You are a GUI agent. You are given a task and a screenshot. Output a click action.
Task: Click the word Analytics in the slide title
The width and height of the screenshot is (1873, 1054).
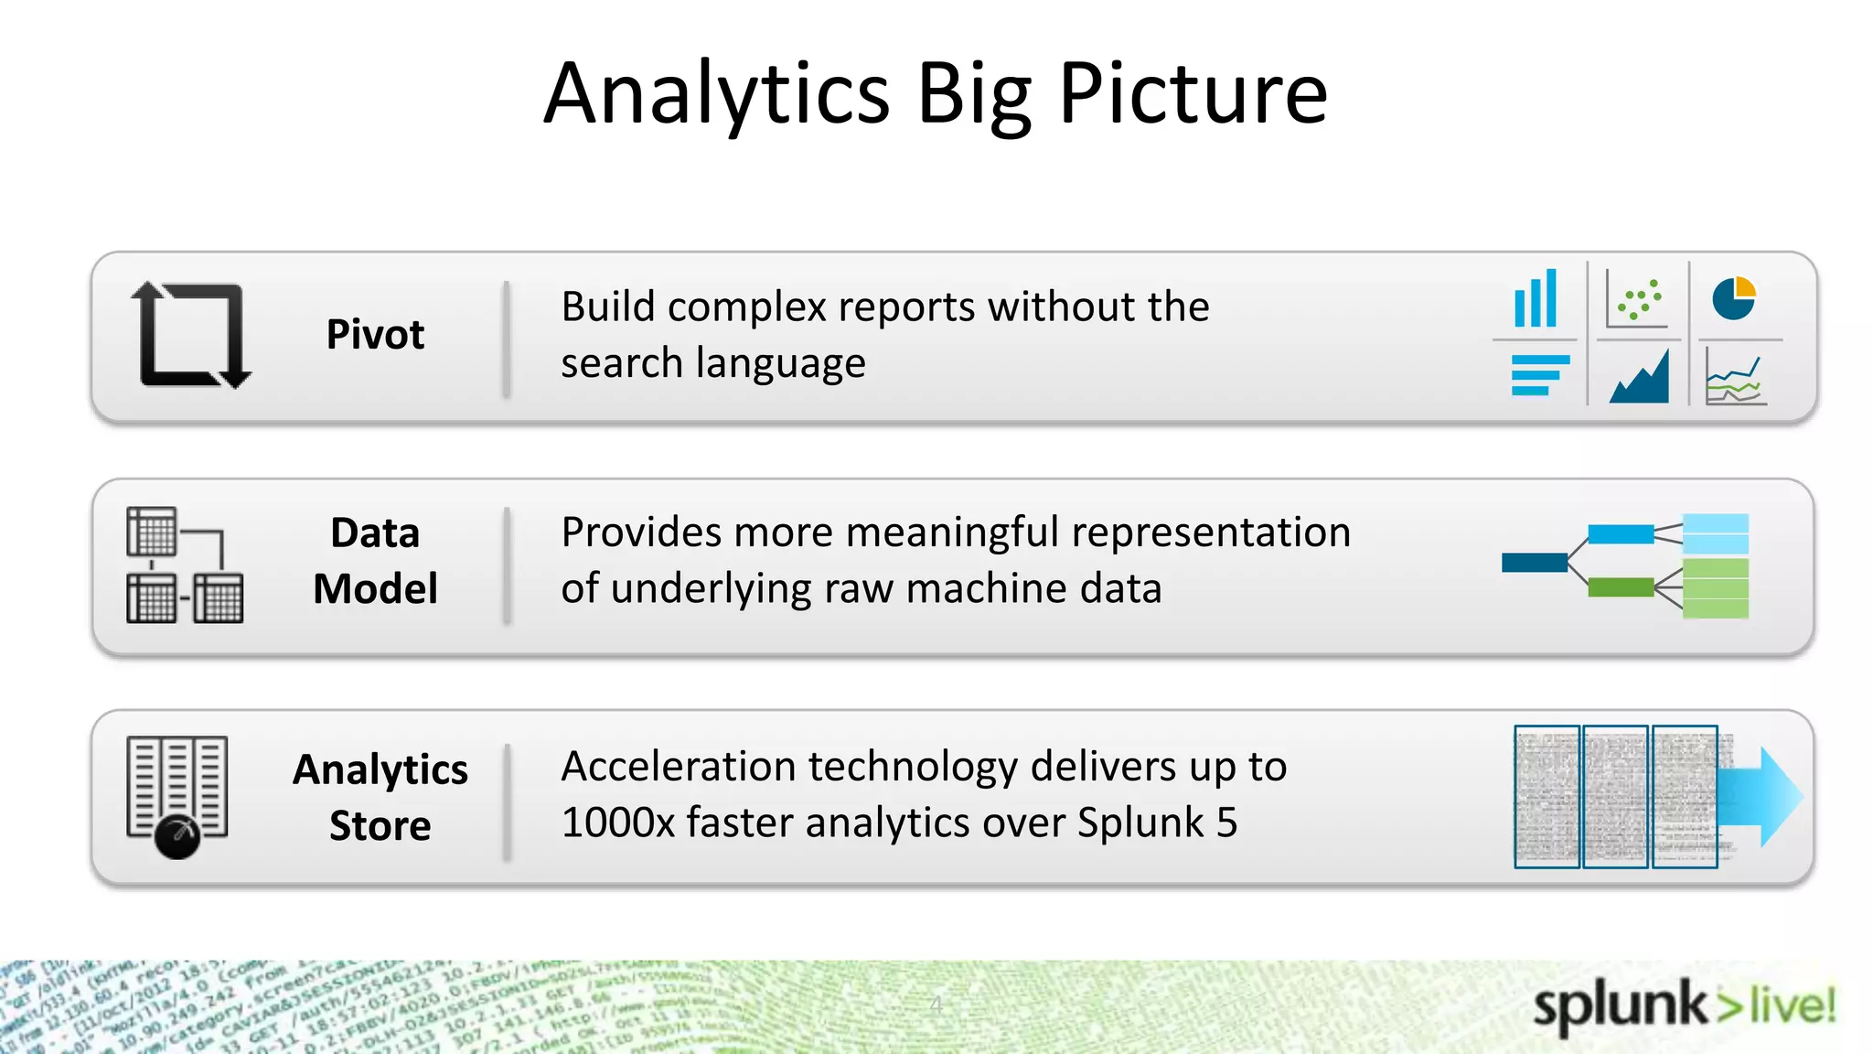(716, 93)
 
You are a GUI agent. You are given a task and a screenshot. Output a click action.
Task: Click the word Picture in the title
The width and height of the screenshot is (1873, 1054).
(1193, 93)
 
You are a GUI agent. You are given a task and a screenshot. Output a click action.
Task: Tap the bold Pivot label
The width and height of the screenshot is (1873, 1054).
(375, 334)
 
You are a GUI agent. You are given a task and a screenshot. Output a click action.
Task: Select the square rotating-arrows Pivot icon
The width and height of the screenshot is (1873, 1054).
(191, 335)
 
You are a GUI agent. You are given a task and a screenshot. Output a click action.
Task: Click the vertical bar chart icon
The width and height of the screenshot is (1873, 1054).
(1536, 298)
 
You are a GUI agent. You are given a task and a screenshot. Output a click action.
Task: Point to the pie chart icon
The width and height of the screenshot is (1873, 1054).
(1733, 298)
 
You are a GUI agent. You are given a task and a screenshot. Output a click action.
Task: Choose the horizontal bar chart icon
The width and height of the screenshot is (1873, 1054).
(1539, 375)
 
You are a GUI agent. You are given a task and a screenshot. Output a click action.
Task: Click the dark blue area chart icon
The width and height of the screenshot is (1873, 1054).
(1639, 377)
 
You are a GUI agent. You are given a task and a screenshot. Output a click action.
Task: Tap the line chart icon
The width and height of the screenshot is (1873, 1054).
(1735, 380)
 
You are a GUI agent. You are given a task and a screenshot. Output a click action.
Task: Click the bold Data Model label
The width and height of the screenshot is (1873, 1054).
(375, 560)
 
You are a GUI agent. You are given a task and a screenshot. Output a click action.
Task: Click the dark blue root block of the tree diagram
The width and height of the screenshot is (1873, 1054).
(1535, 562)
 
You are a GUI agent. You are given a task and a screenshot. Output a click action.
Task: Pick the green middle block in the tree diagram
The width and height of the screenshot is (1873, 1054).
(1621, 587)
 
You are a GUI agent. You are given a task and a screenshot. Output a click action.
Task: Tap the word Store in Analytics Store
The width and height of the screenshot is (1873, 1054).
(380, 825)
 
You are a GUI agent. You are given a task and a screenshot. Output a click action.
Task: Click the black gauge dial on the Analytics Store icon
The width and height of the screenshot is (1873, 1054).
(177, 835)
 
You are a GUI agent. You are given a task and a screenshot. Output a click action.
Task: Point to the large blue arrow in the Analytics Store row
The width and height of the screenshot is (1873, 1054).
(1761, 797)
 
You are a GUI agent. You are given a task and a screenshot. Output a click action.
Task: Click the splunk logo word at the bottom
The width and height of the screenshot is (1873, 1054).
(1619, 1006)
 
